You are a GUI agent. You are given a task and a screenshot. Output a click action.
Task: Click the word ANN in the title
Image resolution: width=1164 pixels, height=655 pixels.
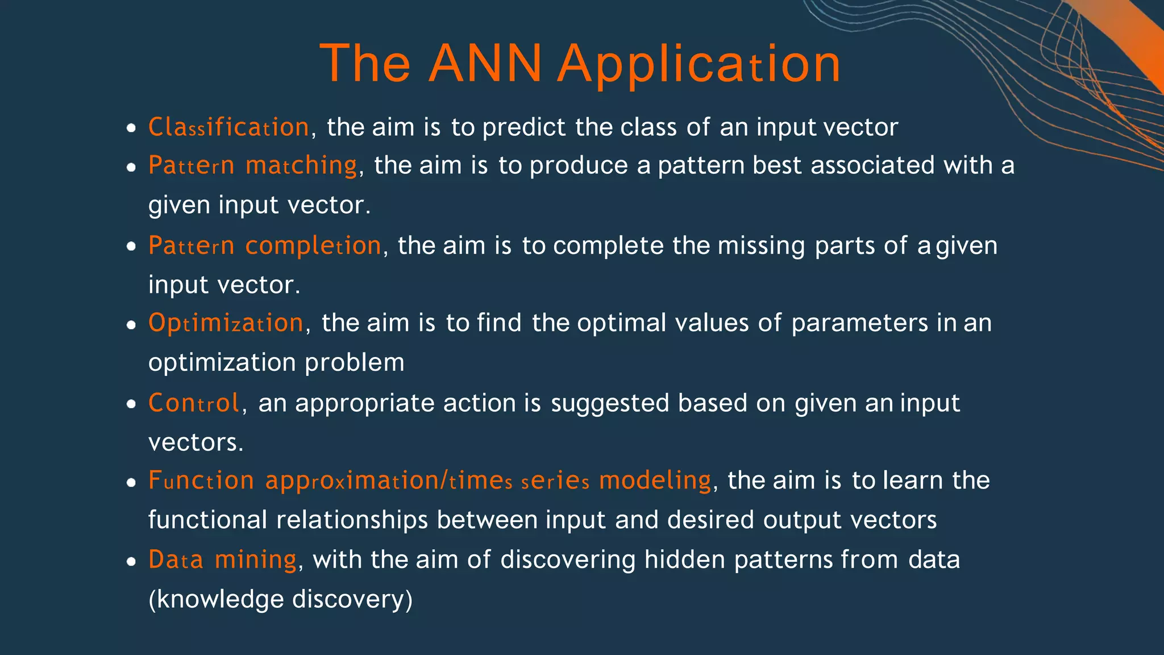tap(485, 64)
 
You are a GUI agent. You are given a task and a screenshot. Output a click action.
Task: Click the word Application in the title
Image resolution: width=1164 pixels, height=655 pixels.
tap(699, 64)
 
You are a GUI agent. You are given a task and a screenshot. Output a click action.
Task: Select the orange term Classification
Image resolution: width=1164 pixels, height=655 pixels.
tap(228, 127)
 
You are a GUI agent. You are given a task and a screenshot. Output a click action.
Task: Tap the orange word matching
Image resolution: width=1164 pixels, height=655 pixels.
tap(301, 165)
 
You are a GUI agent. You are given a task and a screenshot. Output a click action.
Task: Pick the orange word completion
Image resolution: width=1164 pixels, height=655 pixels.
tap(313, 246)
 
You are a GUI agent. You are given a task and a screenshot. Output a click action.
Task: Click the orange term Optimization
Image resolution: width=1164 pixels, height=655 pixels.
tap(226, 323)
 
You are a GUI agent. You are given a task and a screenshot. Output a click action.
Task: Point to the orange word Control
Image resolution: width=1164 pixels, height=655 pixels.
tap(194, 403)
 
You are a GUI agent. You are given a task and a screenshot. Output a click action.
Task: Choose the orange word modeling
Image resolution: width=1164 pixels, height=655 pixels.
tap(655, 480)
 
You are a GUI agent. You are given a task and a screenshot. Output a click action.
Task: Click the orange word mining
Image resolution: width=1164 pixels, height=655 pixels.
tap(256, 560)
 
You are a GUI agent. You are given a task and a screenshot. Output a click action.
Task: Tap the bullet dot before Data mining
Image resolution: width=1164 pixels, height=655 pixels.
tap(131, 562)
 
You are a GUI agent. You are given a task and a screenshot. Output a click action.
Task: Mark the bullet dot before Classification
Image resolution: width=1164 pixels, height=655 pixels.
tap(131, 128)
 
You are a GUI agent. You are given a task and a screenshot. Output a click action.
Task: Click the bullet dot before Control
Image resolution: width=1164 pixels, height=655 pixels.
tap(131, 405)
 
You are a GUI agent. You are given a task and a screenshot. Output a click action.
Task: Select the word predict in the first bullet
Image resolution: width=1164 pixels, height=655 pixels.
tap(523, 127)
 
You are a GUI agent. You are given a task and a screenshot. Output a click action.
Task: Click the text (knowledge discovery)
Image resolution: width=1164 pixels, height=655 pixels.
tap(280, 599)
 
